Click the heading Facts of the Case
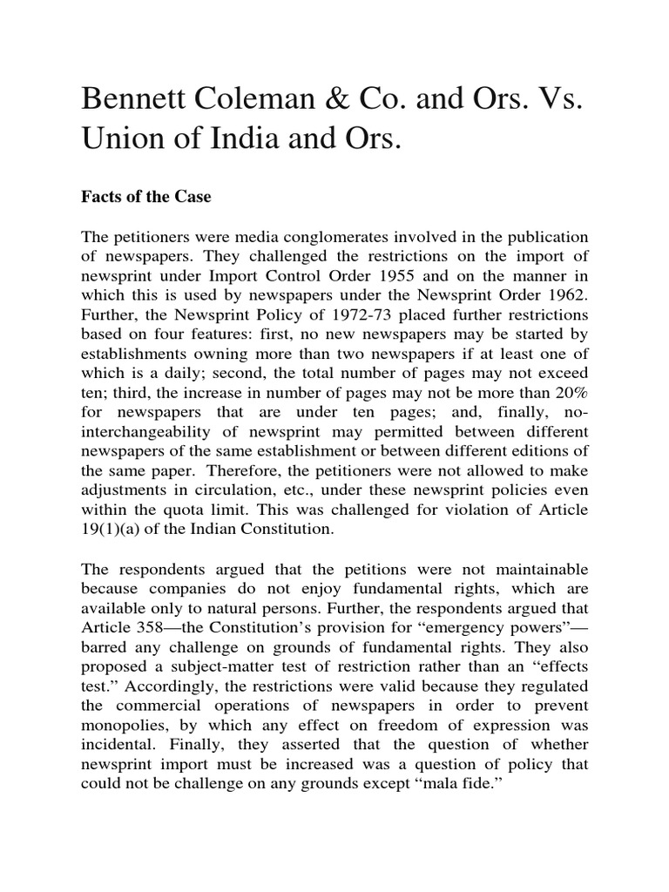pos(145,198)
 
